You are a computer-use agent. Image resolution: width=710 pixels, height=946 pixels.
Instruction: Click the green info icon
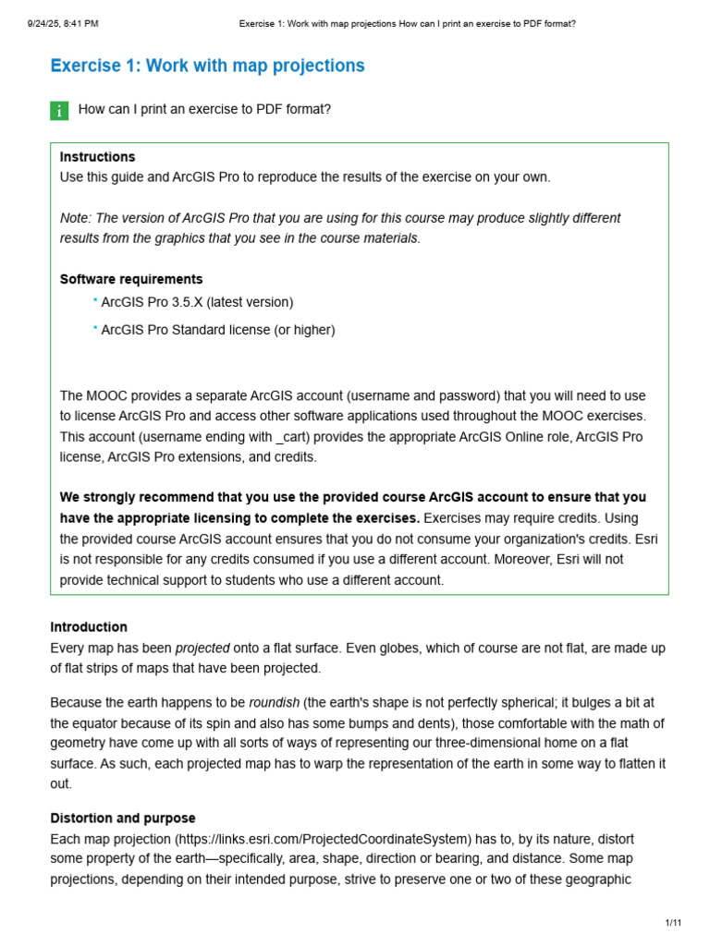59,111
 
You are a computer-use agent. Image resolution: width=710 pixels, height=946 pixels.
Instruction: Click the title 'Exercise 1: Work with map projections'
207,66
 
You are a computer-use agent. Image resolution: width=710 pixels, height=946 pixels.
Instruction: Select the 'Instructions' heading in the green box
97,157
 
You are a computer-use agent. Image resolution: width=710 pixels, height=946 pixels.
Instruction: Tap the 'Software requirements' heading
131,279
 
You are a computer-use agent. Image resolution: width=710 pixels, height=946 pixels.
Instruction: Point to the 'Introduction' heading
89,627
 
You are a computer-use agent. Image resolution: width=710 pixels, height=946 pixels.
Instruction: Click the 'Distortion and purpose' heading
123,819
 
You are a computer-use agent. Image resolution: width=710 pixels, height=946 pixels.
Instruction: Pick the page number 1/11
672,923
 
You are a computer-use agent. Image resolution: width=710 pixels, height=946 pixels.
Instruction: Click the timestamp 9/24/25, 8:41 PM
63,23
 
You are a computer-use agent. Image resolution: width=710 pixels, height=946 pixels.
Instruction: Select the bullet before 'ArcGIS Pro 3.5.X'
94,300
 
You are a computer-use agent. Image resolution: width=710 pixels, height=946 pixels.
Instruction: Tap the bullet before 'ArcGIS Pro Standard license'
94,328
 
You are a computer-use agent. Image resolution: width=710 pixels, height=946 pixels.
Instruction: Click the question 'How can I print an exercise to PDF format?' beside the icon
204,110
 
